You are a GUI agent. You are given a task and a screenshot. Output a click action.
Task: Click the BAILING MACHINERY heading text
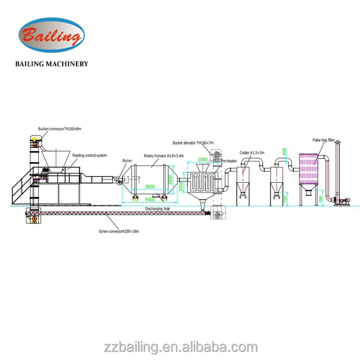tap(51, 64)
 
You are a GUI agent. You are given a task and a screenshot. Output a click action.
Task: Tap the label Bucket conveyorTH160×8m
tap(59, 129)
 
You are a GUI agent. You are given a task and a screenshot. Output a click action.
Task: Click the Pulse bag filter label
tap(325, 141)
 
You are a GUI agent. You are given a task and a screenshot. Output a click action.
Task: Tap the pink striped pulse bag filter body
tap(309, 169)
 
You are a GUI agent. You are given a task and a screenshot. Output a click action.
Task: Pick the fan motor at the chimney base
tap(344, 201)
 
